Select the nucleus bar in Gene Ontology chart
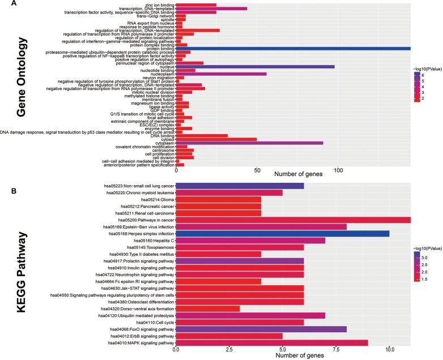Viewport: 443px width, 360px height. pyautogui.click(x=255, y=66)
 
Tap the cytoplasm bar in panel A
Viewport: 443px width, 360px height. pyautogui.click(x=249, y=143)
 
